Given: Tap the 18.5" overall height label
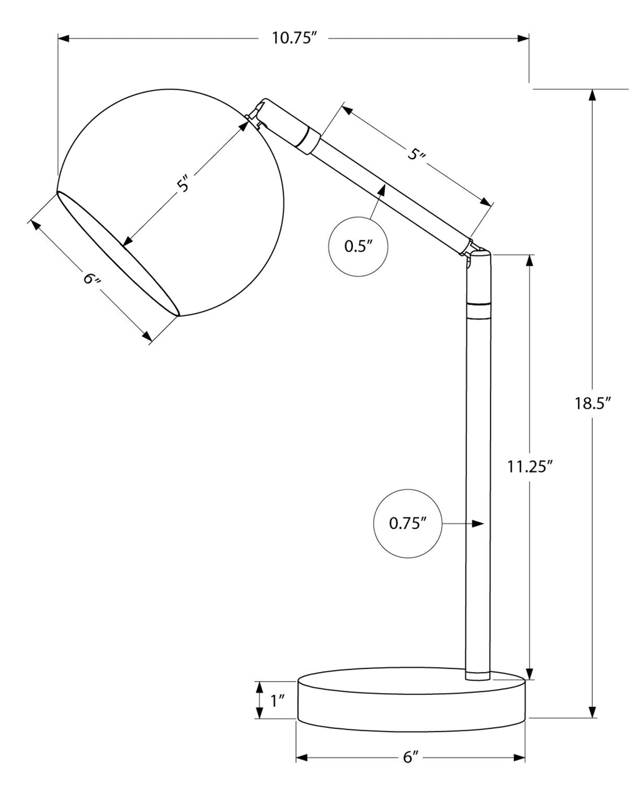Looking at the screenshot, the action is point(593,403).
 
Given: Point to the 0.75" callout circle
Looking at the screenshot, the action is point(407,523).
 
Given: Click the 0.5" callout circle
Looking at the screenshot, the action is point(358,246).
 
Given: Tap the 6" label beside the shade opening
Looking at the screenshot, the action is point(92,278).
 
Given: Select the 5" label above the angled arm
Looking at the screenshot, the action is point(416,154).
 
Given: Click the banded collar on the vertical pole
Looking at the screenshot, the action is point(479,310).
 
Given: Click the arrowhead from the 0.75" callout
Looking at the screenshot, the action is point(477,523).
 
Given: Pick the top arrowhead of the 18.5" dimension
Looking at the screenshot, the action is point(592,95).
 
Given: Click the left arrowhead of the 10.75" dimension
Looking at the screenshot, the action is point(64,38).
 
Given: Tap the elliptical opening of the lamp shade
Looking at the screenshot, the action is point(118,254).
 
